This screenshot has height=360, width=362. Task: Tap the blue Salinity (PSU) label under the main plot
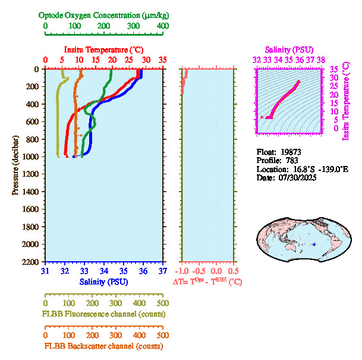(x=103, y=281)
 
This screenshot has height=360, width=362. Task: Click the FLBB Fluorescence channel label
(x=103, y=314)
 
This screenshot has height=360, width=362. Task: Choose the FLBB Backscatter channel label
(x=103, y=346)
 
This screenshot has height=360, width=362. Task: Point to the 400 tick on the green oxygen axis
(x=162, y=26)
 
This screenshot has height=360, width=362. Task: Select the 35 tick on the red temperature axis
(x=163, y=60)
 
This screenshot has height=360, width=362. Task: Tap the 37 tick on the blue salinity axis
(x=163, y=271)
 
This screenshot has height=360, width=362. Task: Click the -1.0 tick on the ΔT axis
(x=182, y=270)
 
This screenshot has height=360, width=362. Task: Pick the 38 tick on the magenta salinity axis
(x=320, y=60)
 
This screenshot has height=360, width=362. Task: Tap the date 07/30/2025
(x=294, y=177)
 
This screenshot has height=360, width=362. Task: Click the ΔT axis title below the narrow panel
(x=207, y=281)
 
